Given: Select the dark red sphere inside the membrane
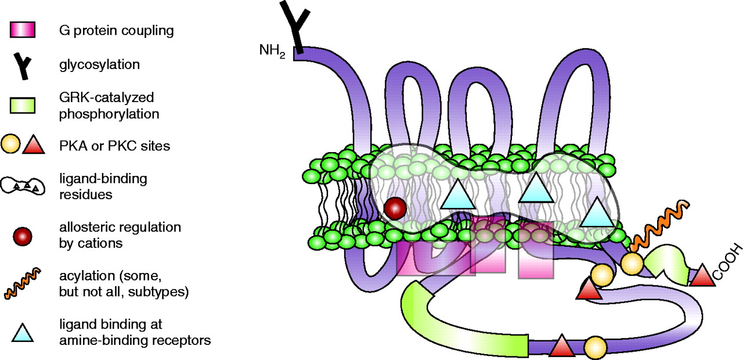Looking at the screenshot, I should [395, 208].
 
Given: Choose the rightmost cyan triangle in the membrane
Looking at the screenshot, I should [596, 213].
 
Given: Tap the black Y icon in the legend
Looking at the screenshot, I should [24, 64].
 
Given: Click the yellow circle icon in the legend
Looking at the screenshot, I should [13, 145].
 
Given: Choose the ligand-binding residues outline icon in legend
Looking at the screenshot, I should [24, 186].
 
